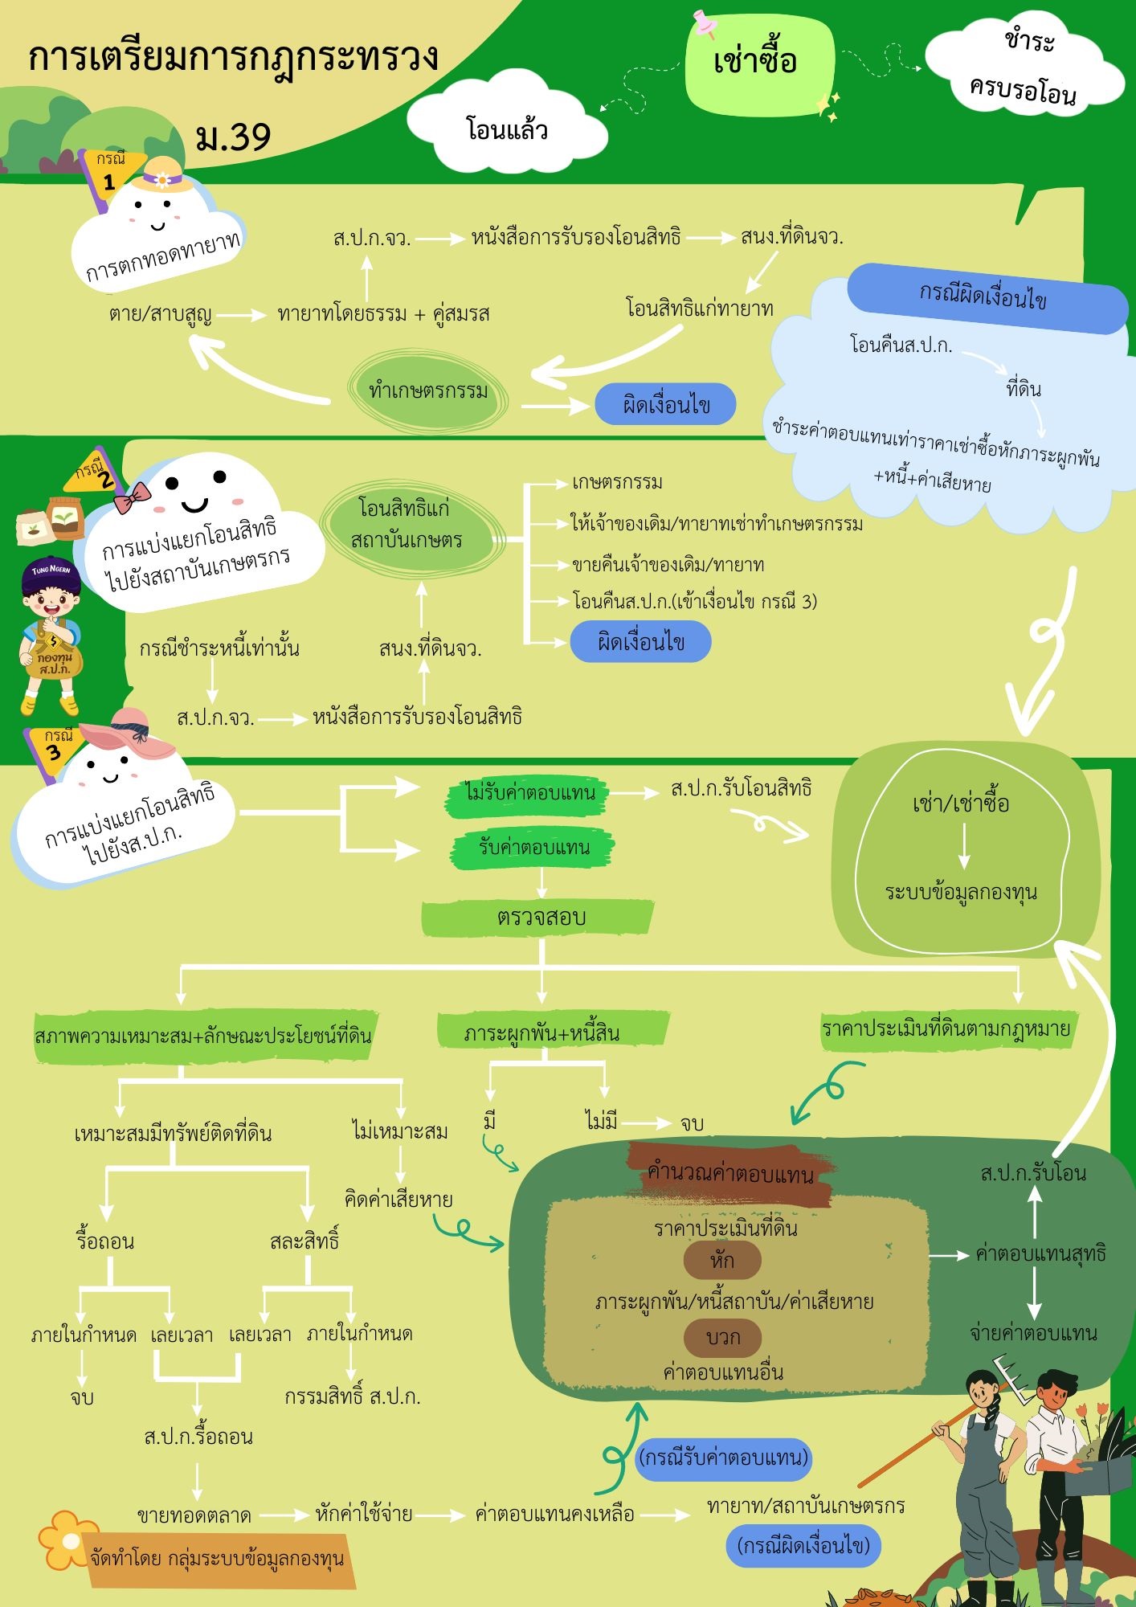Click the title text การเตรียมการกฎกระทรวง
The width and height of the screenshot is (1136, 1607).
click(x=233, y=58)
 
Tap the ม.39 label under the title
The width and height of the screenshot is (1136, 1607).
click(x=233, y=137)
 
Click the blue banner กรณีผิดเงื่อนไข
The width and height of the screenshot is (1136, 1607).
click(x=983, y=297)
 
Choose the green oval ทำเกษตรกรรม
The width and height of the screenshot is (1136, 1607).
click(x=428, y=391)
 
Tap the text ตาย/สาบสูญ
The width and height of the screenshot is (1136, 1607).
click(x=160, y=313)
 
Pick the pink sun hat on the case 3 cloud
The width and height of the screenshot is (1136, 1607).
click(x=129, y=731)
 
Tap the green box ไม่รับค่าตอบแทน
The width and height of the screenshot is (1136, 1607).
click(x=529, y=793)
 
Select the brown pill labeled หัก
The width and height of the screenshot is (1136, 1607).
click(x=721, y=1260)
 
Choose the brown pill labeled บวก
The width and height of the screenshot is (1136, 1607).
click(x=722, y=1337)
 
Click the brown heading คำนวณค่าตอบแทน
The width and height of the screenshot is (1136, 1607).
click(x=729, y=1173)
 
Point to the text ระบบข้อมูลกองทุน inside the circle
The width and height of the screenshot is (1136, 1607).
click(x=961, y=892)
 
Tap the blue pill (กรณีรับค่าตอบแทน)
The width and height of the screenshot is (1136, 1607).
click(x=723, y=1458)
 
